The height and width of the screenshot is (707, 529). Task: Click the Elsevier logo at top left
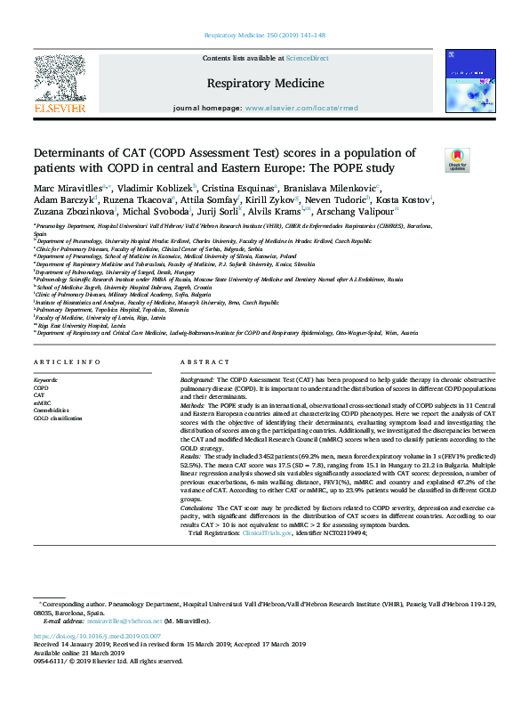coord(59,85)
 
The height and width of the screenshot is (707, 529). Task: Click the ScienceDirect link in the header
coord(307,58)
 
